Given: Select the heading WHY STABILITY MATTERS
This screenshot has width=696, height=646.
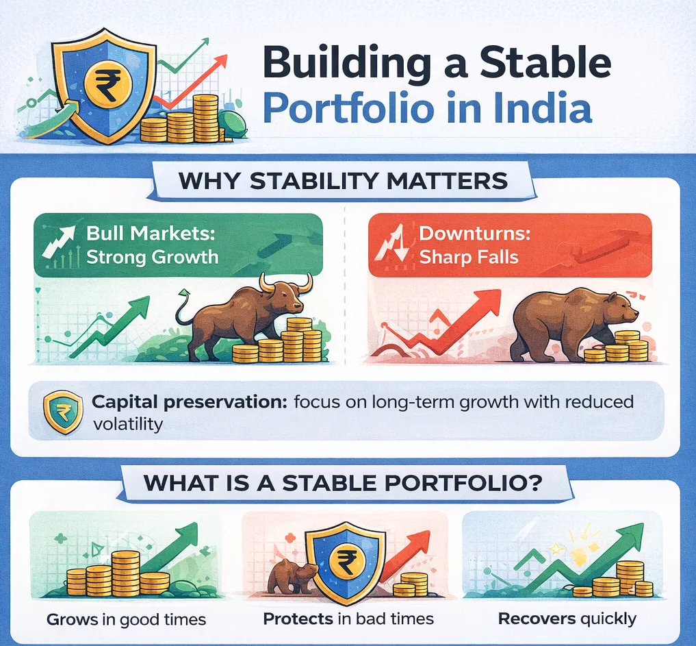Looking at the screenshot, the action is point(343,181).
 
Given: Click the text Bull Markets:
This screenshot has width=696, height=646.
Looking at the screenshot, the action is point(151,233).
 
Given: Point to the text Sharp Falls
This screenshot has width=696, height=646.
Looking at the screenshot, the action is point(469,257).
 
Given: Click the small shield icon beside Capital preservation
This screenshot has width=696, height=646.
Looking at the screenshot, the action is point(63,412).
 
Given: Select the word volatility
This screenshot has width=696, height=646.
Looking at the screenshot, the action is point(128,424).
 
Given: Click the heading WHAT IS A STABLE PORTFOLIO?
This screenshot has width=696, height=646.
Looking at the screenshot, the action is point(343,483).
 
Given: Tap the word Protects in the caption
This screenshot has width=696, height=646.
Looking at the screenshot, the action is point(298,619).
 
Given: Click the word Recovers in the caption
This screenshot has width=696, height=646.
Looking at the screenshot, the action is point(537,619).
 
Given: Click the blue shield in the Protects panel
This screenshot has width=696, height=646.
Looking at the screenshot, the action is point(344,561).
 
